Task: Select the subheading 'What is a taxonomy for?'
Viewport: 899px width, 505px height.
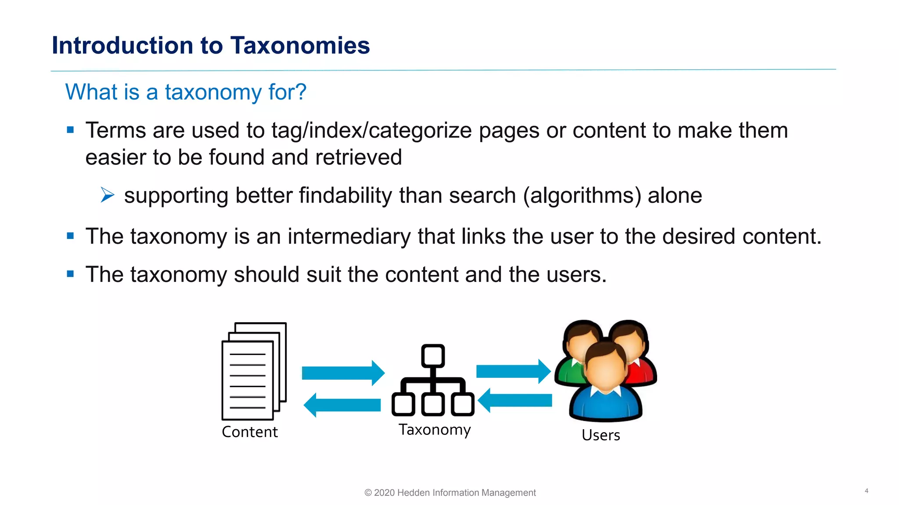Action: tap(186, 92)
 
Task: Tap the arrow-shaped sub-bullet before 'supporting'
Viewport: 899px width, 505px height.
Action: tap(107, 195)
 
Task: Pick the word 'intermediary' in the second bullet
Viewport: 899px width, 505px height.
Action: tap(349, 237)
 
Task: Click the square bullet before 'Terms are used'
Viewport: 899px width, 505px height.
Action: tap(70, 130)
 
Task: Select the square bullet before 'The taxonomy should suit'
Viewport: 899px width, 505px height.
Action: tap(70, 274)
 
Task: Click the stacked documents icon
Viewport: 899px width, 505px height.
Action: tap(254, 371)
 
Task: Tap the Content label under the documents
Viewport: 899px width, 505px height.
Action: tap(250, 432)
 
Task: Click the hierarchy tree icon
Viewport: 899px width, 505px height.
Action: tap(433, 381)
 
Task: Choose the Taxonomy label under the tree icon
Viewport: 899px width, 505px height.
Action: tap(435, 430)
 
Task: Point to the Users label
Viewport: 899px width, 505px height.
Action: tap(601, 435)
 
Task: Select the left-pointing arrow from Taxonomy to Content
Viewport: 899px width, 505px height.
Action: tap(342, 405)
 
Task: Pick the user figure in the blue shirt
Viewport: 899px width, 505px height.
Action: tap(606, 386)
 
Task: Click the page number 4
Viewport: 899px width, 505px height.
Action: tap(867, 491)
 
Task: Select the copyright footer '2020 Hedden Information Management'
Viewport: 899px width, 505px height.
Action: tap(450, 493)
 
